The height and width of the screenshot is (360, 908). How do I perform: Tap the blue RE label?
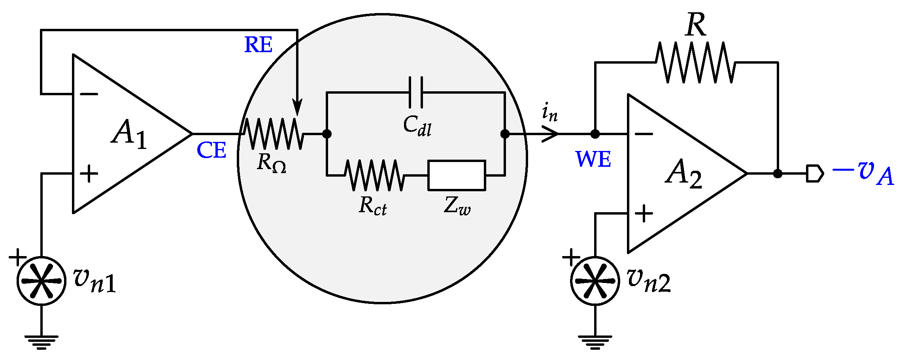(258, 45)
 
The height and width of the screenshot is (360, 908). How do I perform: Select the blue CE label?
(211, 151)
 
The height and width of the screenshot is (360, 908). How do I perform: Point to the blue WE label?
(593, 159)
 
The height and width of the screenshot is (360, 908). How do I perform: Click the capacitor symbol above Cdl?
(415, 92)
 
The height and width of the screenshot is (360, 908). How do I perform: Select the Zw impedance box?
(457, 175)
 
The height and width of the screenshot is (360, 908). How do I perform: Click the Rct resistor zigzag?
(374, 175)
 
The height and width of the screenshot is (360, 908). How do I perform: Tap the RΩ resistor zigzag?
(273, 134)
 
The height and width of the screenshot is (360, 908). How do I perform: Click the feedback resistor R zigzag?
(696, 62)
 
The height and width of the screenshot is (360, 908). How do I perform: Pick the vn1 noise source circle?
(42, 281)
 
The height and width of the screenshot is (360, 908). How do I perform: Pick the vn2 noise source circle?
(595, 281)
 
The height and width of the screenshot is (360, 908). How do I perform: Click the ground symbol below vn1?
(42, 342)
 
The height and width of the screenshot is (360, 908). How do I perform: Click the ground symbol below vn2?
(595, 342)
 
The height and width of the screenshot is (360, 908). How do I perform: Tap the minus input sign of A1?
(89, 94)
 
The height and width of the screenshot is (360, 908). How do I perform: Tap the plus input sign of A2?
(644, 214)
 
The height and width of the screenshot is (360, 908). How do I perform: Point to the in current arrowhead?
(551, 134)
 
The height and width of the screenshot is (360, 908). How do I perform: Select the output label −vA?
(864, 174)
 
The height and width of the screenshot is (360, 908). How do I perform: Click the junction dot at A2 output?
(778, 173)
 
